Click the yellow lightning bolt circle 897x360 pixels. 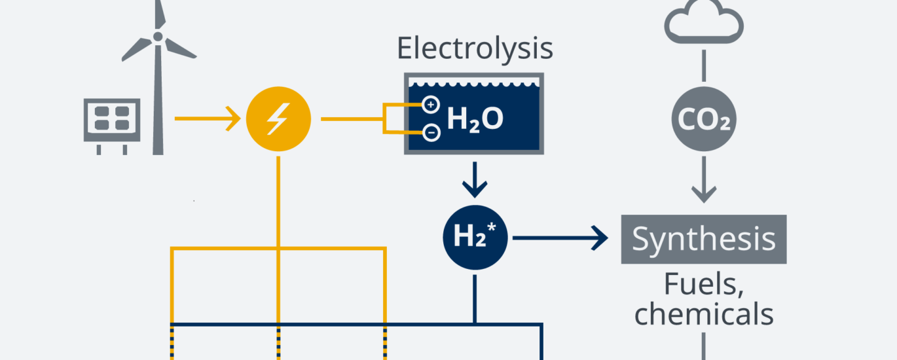(x=278, y=120)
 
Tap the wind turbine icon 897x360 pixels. (x=158, y=92)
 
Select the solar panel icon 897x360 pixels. (x=111, y=120)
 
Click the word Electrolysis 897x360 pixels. (x=475, y=49)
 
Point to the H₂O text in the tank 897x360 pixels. (x=475, y=119)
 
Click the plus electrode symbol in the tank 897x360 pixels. (x=431, y=104)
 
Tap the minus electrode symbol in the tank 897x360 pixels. (x=431, y=134)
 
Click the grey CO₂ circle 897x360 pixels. (x=704, y=120)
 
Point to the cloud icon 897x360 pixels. (x=704, y=24)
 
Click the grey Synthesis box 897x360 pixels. (x=704, y=240)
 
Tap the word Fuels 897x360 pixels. (x=704, y=285)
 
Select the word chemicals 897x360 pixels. (x=704, y=314)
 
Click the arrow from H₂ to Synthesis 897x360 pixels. (x=563, y=238)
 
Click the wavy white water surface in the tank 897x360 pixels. (x=475, y=83)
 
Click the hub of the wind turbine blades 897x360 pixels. (x=158, y=37)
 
